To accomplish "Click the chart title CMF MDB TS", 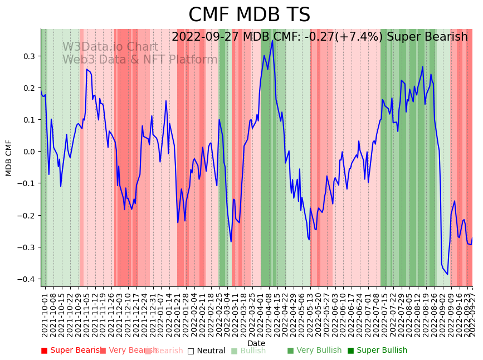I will [249, 15].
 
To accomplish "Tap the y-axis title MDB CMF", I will [9, 158].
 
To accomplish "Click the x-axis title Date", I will [256, 343].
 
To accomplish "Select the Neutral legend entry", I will [210, 351].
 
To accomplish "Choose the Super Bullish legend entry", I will [382, 351].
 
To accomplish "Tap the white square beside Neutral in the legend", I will [191, 351].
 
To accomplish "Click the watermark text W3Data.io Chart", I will [110, 47].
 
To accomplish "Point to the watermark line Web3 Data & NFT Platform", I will [140, 60].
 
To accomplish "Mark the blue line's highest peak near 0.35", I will [272, 40].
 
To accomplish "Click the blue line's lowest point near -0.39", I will [447, 274].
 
